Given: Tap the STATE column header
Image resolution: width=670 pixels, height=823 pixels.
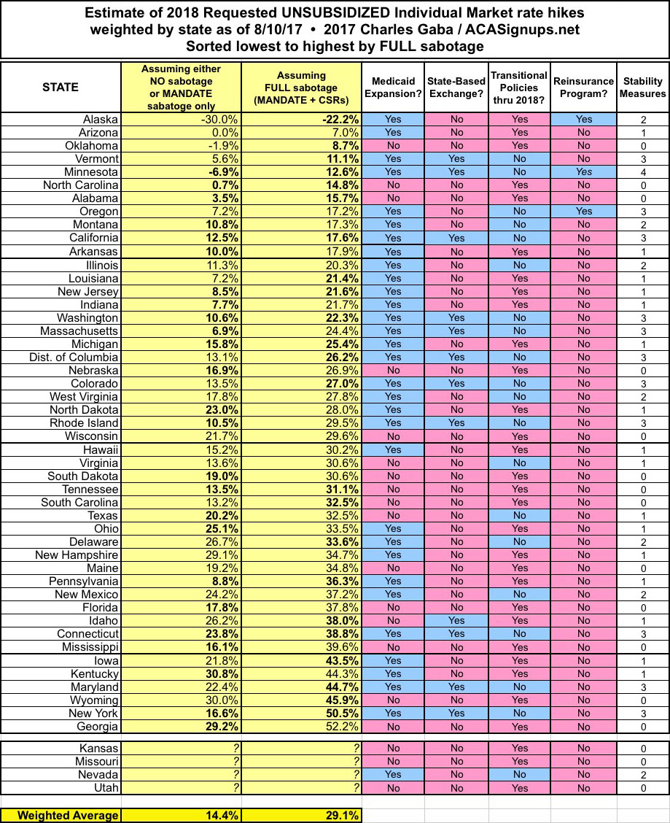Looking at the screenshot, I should [x=61, y=87].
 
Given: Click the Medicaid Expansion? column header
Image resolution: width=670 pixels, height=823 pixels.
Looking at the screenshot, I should [x=394, y=87].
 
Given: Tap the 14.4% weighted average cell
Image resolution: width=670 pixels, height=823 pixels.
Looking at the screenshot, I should [x=219, y=815].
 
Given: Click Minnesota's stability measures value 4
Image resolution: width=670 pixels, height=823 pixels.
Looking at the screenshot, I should [x=643, y=172].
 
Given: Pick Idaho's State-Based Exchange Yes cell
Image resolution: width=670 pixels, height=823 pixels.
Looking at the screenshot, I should [x=456, y=621].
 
